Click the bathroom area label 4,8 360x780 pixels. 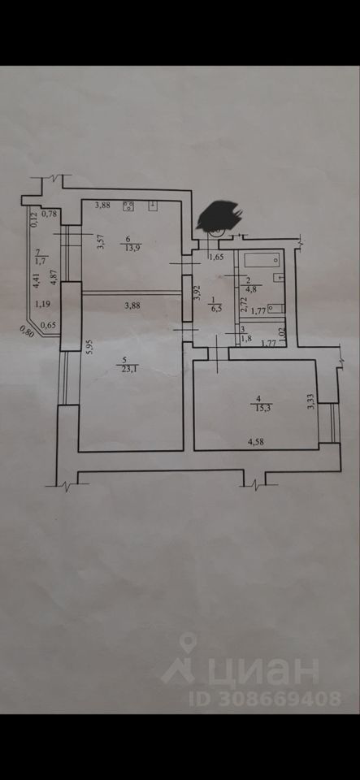(247, 287)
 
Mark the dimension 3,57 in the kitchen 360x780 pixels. (101, 242)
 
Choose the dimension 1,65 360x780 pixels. (216, 257)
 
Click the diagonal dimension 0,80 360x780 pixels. (27, 331)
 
